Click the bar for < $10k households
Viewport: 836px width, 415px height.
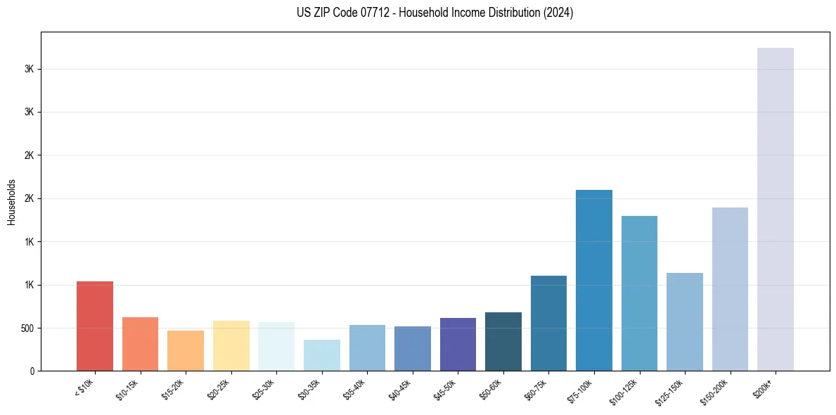[x=95, y=326]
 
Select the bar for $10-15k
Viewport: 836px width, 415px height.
[x=140, y=344]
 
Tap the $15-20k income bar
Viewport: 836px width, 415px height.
[x=186, y=350]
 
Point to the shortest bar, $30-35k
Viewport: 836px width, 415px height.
[x=321, y=355]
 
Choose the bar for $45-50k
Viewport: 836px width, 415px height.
[x=458, y=344]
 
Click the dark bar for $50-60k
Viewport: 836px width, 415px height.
[x=503, y=341]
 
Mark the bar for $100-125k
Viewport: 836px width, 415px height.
[x=639, y=293]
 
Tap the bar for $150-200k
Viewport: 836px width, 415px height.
[x=730, y=289]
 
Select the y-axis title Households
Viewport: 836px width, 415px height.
[x=12, y=202]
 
